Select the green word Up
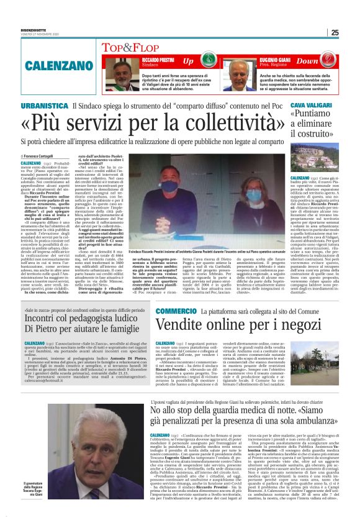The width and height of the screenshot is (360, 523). point(187,61)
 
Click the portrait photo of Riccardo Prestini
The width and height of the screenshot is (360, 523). point(125,73)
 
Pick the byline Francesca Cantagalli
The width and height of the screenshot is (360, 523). point(39,156)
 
